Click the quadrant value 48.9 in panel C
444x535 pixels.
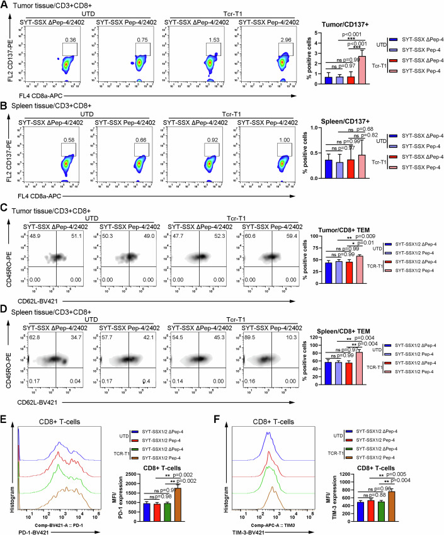[x=28, y=235]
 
